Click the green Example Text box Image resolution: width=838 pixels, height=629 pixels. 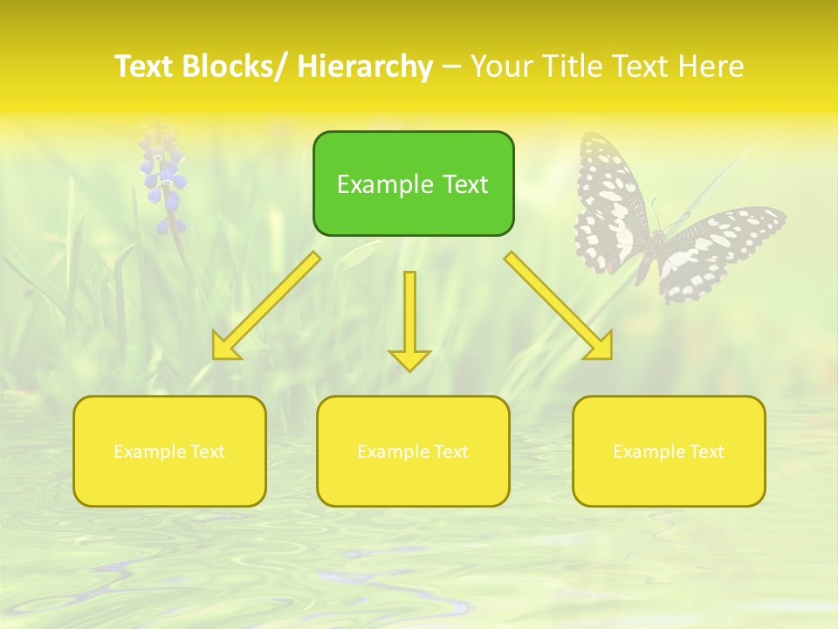pos(413,183)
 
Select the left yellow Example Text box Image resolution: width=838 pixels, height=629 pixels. pos(169,451)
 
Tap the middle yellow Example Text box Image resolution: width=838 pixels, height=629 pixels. pos(413,451)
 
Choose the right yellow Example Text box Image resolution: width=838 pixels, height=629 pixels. pos(669,451)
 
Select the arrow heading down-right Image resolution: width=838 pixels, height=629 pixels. pos(559,306)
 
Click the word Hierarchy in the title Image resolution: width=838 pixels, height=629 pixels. pos(365,66)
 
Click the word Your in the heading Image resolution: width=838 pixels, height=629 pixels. pos(503,66)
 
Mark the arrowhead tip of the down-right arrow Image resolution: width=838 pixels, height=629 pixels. pos(611,358)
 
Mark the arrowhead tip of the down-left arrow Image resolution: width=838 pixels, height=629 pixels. pos(214,358)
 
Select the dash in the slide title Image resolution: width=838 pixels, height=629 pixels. pos(451,67)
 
